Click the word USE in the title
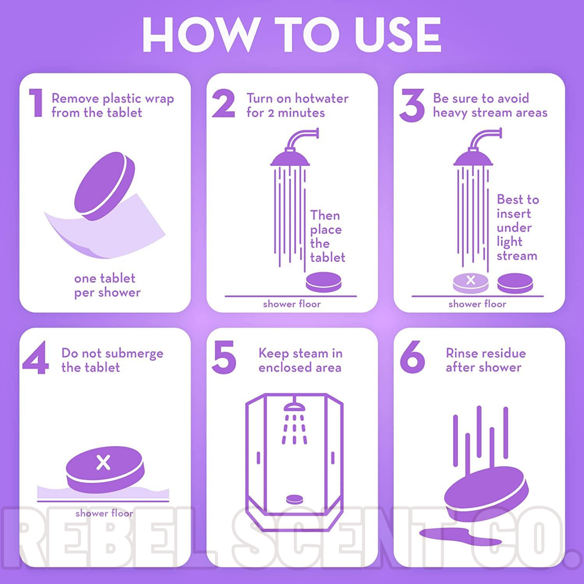click(398, 34)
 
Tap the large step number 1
click(36, 103)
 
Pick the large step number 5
click(224, 357)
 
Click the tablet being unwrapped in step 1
click(104, 186)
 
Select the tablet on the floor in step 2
click(323, 282)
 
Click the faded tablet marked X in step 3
click(471, 283)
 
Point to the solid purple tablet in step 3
click(515, 283)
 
